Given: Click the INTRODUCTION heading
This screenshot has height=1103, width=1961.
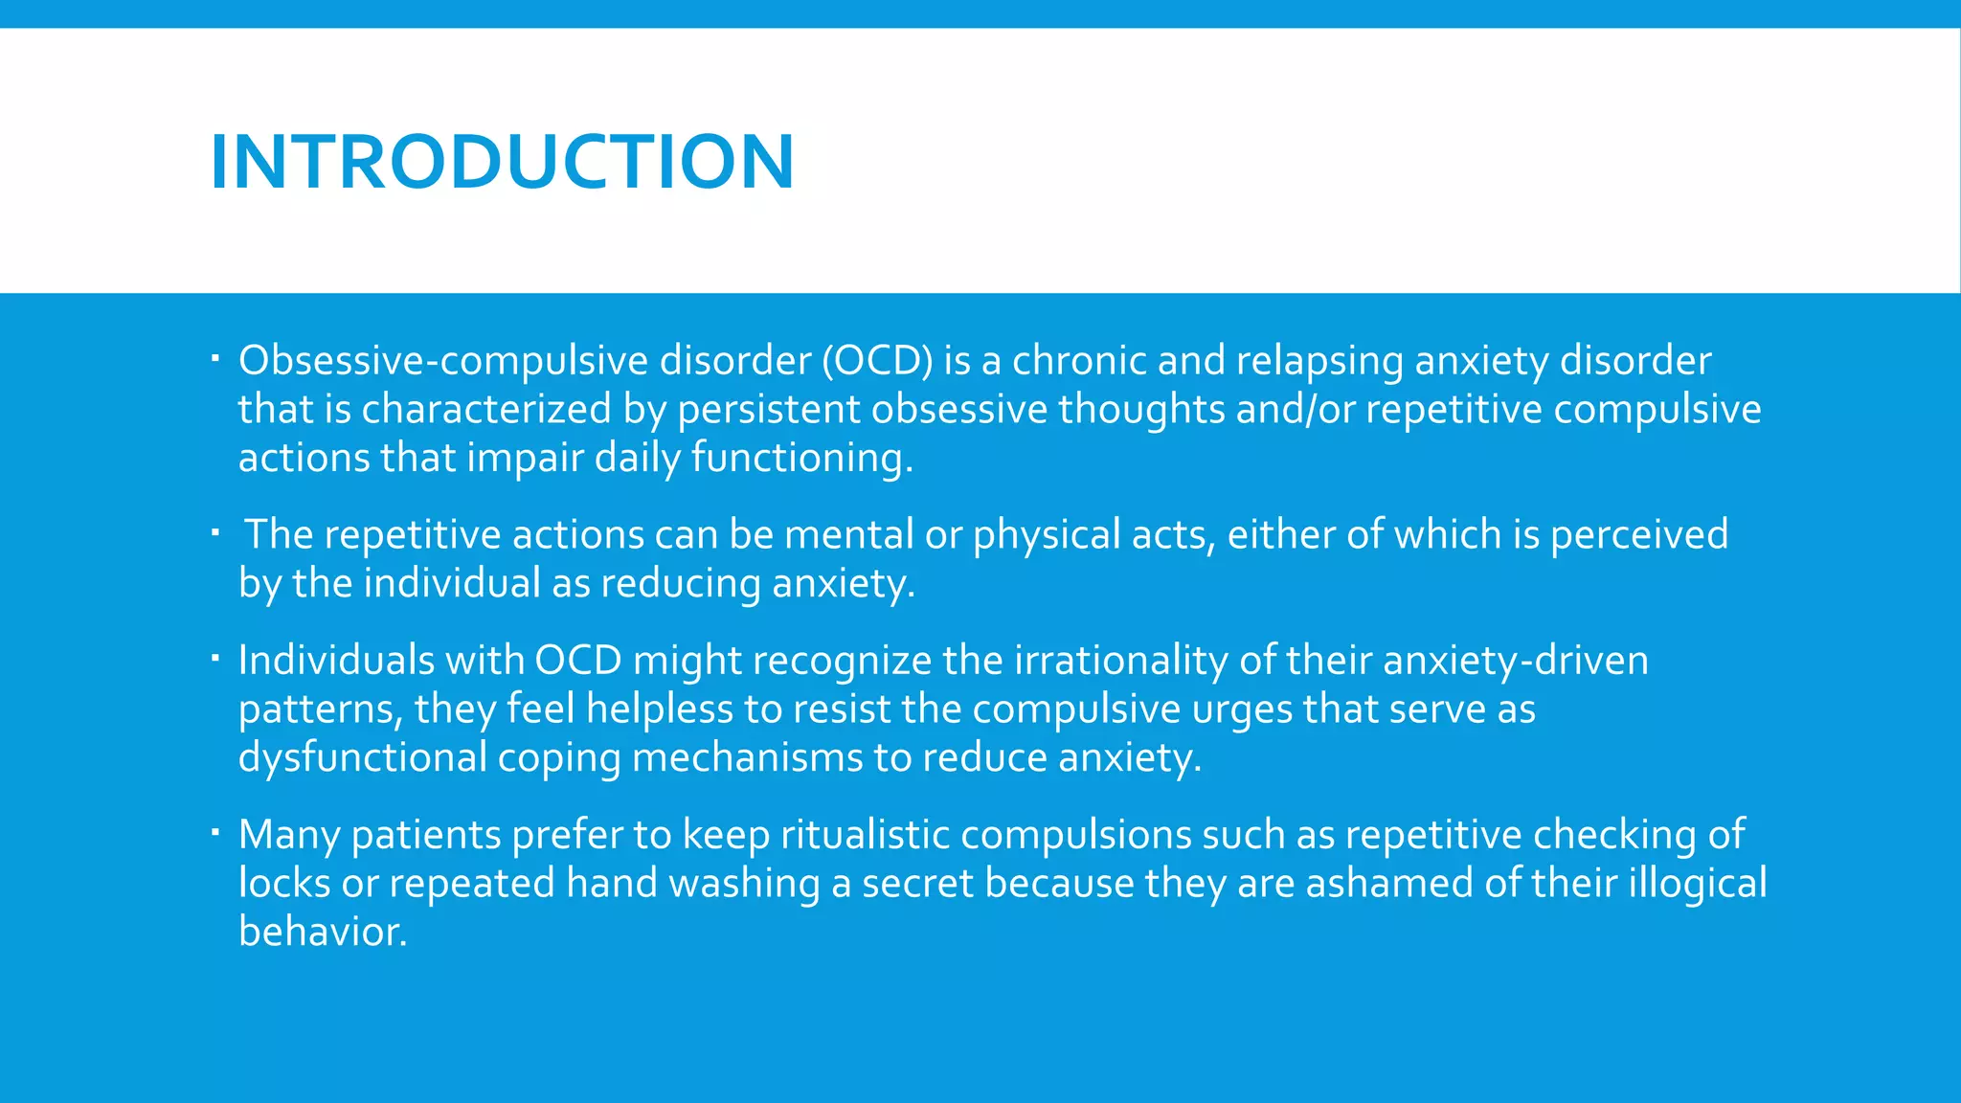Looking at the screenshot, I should coord(502,161).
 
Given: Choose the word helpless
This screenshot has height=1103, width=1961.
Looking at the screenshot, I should coord(659,709).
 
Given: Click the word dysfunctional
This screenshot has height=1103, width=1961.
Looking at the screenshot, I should coord(363,758).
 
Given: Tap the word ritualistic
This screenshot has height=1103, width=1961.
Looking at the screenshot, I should coord(865,835).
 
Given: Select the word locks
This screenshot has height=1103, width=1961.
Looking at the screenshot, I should coord(284,884).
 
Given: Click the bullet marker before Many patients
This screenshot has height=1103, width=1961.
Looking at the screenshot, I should coord(216,832).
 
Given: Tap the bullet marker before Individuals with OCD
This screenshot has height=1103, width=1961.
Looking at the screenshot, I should coord(216,658).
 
